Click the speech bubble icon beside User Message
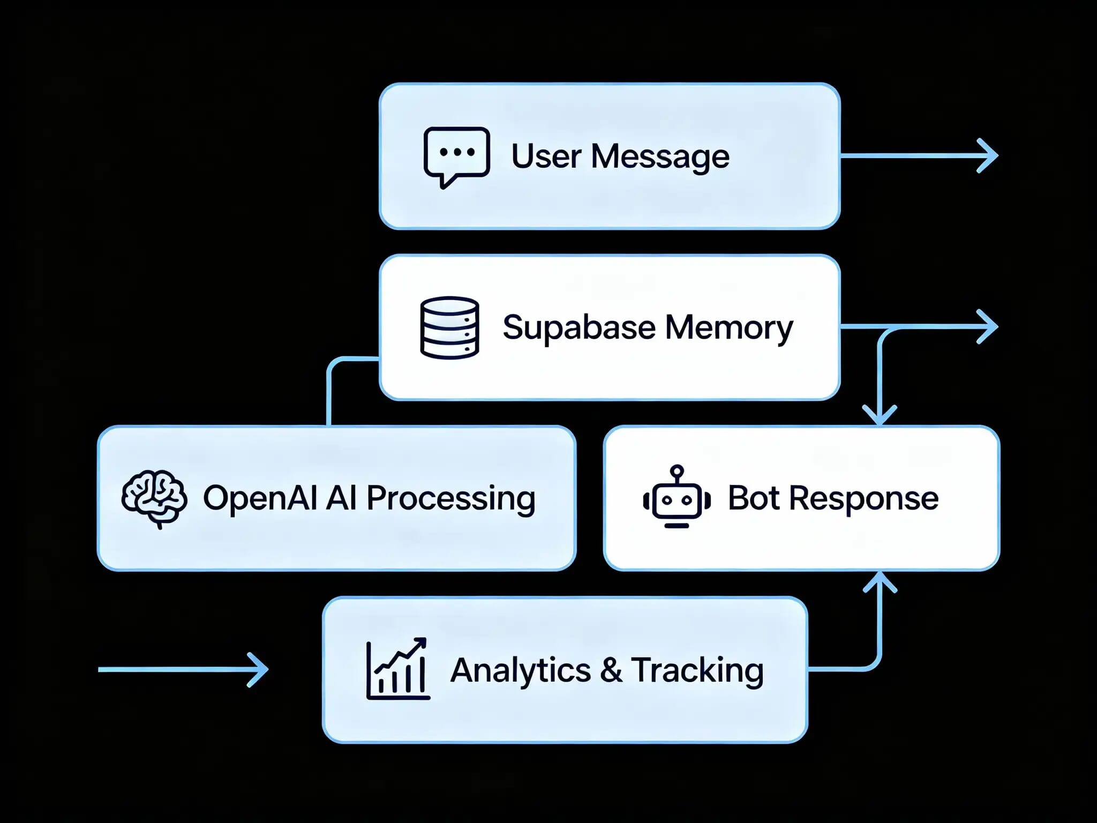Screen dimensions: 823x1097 456,155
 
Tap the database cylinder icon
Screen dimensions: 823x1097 449,327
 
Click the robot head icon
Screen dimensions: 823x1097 677,497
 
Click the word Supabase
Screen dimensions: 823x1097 578,327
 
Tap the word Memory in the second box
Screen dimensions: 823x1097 728,327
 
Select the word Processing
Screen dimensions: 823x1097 450,498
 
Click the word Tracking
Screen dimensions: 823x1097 697,670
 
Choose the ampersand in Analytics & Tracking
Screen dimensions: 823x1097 611,670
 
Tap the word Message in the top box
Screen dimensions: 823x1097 660,156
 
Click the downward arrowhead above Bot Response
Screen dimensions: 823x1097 880,416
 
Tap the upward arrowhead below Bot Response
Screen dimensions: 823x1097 880,582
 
